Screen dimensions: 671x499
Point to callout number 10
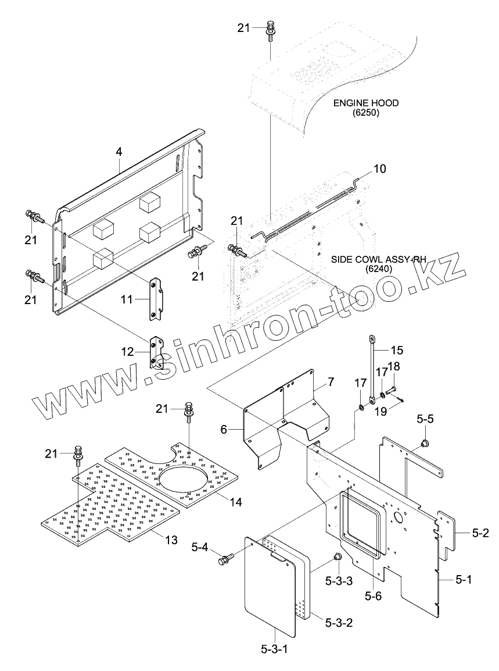tap(379, 169)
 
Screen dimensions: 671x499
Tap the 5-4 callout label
tap(199, 547)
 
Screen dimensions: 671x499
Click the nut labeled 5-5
tap(425, 444)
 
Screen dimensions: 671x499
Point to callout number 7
tap(331, 382)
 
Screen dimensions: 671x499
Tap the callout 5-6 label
tap(373, 595)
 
